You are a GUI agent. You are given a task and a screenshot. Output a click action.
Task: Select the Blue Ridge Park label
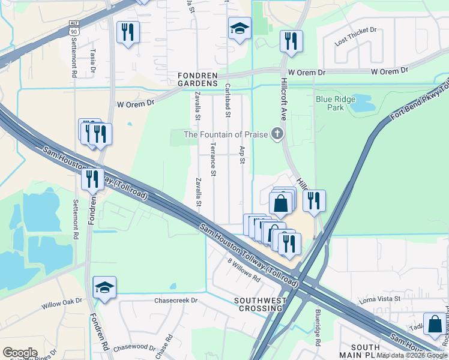click(336, 103)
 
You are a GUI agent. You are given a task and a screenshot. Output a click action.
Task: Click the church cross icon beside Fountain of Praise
click(277, 134)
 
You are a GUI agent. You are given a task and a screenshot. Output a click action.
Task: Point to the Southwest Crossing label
click(258, 304)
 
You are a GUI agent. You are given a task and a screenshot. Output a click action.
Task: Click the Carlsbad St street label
click(228, 100)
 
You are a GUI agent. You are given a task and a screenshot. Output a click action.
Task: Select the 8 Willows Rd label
click(243, 271)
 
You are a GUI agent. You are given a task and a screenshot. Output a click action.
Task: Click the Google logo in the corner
click(20, 353)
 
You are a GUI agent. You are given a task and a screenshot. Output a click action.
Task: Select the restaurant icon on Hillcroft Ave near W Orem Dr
click(291, 41)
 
